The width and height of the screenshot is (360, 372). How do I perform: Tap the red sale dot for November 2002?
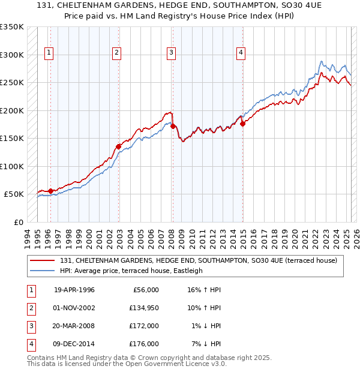[119, 146]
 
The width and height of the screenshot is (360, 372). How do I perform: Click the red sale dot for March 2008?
[173, 126]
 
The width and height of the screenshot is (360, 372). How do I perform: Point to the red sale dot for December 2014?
[243, 124]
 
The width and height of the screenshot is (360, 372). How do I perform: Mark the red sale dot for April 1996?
[50, 191]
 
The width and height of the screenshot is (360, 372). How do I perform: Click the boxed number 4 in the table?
[30, 344]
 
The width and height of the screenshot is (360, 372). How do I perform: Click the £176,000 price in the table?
[144, 344]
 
